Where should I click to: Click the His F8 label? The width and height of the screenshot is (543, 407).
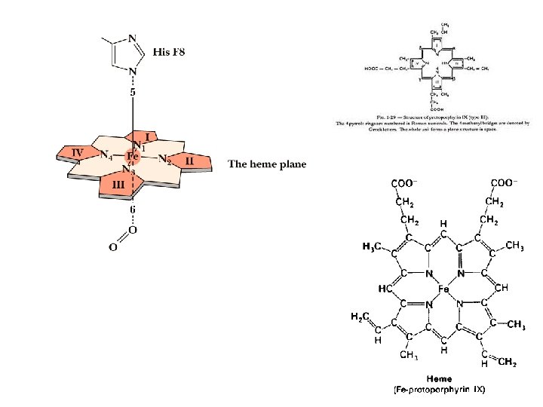(169, 52)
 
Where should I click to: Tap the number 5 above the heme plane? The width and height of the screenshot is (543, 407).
(133, 92)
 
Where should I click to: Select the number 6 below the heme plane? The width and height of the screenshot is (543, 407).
(133, 210)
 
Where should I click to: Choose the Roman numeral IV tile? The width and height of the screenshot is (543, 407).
(78, 151)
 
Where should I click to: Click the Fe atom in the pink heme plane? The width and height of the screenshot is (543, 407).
(132, 158)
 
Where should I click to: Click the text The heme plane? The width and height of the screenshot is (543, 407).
(267, 164)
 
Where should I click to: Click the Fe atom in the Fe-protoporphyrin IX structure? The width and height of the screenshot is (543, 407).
(443, 288)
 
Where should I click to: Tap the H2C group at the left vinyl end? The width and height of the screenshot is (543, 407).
(360, 317)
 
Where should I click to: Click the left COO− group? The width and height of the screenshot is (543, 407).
(406, 183)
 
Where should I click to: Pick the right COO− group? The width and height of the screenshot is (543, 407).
(504, 183)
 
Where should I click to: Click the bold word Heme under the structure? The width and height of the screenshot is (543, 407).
(439, 378)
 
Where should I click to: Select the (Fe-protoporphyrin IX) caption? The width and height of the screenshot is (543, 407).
(439, 390)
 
